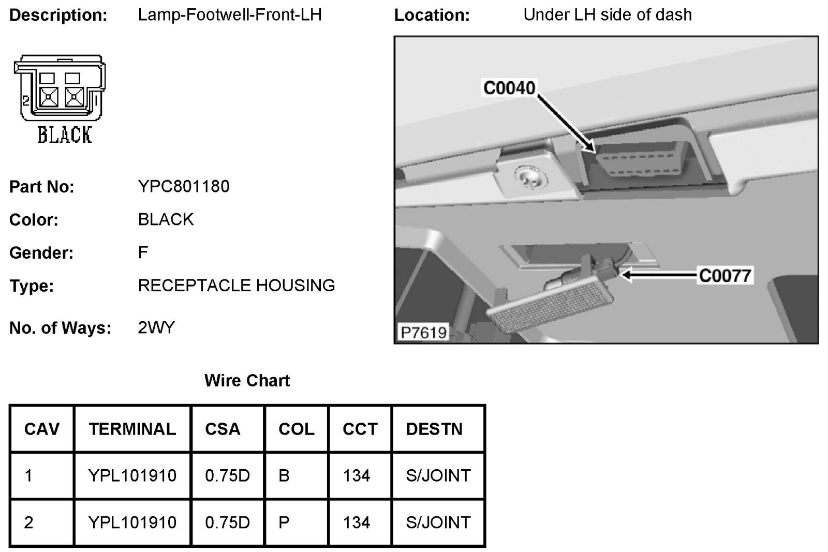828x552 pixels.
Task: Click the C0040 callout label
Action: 509,88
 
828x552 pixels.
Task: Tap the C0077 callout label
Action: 724,275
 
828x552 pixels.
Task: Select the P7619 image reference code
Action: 423,332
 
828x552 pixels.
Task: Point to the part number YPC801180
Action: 184,186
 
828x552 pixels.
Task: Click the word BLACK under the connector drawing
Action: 65,135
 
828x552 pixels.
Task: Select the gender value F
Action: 143,252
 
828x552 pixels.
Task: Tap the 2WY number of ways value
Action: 156,327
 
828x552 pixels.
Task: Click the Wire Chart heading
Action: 247,381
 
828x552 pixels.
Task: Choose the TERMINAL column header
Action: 132,429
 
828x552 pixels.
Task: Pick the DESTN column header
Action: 434,429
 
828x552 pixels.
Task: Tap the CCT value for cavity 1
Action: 357,475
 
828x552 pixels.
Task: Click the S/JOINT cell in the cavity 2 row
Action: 438,523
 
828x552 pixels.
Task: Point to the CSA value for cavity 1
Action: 227,475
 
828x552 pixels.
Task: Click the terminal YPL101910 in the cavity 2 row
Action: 132,523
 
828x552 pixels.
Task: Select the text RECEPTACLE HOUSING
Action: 236,286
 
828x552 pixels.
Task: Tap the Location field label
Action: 432,15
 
